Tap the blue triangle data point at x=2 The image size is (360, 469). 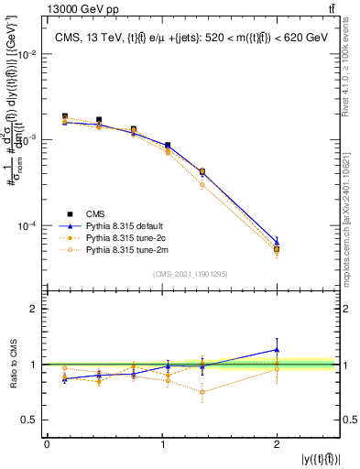pos(277,242)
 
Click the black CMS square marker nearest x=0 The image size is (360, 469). pos(64,116)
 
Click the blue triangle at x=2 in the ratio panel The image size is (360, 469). pos(277,349)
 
